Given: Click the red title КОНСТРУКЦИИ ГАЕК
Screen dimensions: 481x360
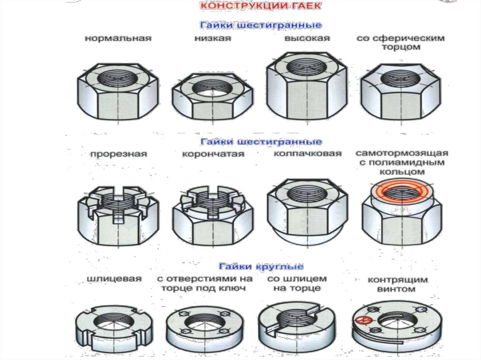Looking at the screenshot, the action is pyautogui.click(x=260, y=6).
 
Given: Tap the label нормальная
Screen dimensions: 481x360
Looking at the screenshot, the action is pyautogui.click(x=118, y=38).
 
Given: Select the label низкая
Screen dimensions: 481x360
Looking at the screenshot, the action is pyautogui.click(x=213, y=38).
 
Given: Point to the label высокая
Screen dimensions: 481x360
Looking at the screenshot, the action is pyautogui.click(x=307, y=38).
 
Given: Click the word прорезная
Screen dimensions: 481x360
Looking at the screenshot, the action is pyautogui.click(x=118, y=154).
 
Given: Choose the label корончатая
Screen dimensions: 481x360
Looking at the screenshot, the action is pyautogui.click(x=213, y=154).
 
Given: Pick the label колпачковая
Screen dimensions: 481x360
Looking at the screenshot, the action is pyautogui.click(x=307, y=153).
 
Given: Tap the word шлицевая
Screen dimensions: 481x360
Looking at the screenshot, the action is pyautogui.click(x=114, y=279).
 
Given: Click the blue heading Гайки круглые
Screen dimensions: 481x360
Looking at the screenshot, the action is pyautogui.click(x=261, y=267).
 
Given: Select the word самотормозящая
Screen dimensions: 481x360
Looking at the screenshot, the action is pyautogui.click(x=402, y=153).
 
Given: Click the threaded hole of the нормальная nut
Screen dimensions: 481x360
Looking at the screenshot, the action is pyautogui.click(x=117, y=79).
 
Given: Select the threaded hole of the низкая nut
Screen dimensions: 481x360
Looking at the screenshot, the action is pyautogui.click(x=212, y=88).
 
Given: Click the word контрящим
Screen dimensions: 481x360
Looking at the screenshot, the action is pyautogui.click(x=397, y=280).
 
